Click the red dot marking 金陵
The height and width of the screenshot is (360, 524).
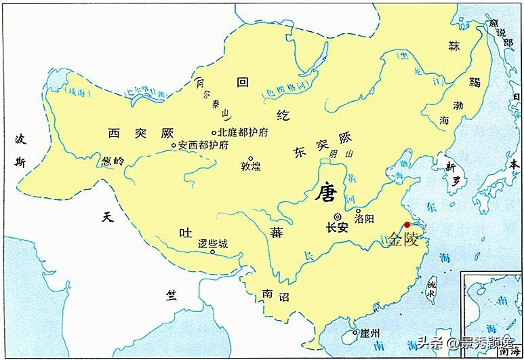click(x=407, y=225)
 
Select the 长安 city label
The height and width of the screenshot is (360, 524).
click(x=337, y=228)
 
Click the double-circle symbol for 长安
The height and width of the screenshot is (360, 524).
click(x=337, y=216)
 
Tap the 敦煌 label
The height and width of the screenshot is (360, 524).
click(x=251, y=166)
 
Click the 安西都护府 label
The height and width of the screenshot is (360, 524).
click(x=203, y=145)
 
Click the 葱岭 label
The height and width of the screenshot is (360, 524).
click(x=114, y=161)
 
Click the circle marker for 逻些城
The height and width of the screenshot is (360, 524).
click(x=213, y=252)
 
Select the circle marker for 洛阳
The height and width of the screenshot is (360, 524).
click(x=358, y=211)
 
